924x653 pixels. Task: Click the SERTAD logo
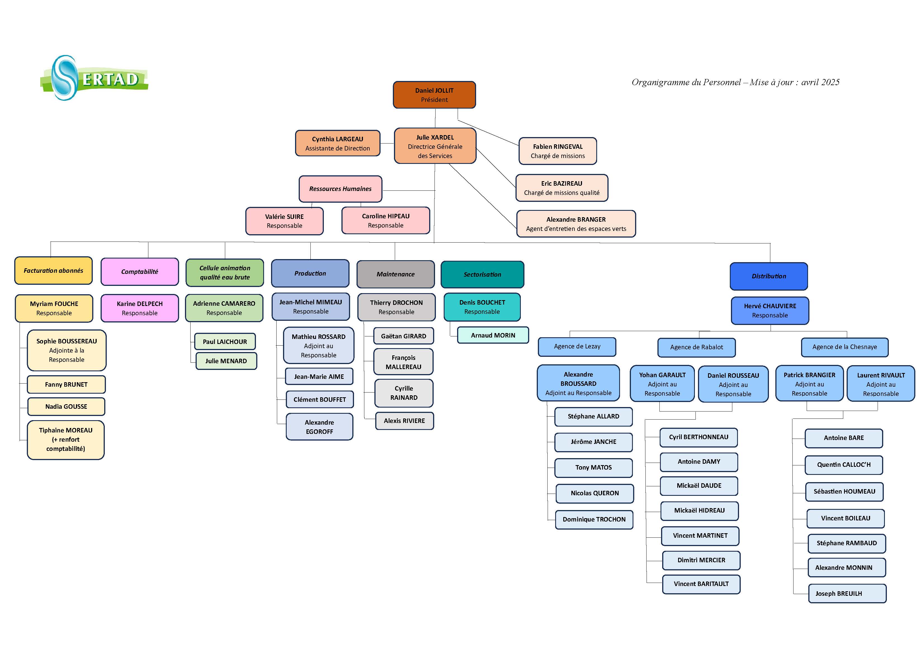click(94, 78)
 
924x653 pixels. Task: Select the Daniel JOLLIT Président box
click(434, 95)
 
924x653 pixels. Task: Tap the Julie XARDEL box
click(435, 146)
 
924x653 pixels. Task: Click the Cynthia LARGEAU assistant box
click(337, 143)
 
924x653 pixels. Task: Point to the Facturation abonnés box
click(54, 271)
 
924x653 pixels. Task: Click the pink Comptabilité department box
click(140, 272)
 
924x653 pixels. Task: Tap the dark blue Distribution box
click(769, 276)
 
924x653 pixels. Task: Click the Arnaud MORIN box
click(493, 335)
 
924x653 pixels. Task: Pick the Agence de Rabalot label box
click(696, 347)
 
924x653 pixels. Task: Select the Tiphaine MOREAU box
click(66, 439)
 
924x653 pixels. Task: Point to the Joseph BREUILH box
click(847, 594)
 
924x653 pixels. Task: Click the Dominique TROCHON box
click(594, 520)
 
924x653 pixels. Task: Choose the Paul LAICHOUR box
click(225, 342)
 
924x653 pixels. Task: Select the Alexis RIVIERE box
click(405, 421)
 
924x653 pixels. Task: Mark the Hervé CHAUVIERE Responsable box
click(770, 311)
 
